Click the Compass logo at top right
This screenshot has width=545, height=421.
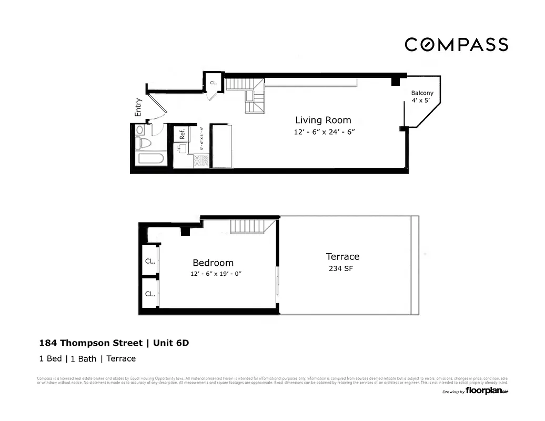(x=456, y=45)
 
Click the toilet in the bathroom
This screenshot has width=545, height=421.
(x=143, y=143)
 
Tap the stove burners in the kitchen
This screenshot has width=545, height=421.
(x=203, y=161)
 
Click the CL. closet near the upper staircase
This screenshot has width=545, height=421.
(x=214, y=83)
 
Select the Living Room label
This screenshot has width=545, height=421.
(x=322, y=120)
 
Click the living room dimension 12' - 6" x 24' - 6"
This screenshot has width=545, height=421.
(x=325, y=132)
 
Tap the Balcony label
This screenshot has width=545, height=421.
(x=422, y=93)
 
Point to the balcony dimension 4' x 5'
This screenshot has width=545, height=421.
(x=422, y=100)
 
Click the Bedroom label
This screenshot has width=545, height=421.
(x=213, y=263)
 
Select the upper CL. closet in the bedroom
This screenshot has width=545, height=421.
(x=149, y=261)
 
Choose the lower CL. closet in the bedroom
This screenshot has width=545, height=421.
(x=149, y=294)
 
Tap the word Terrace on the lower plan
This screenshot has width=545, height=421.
(x=342, y=256)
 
